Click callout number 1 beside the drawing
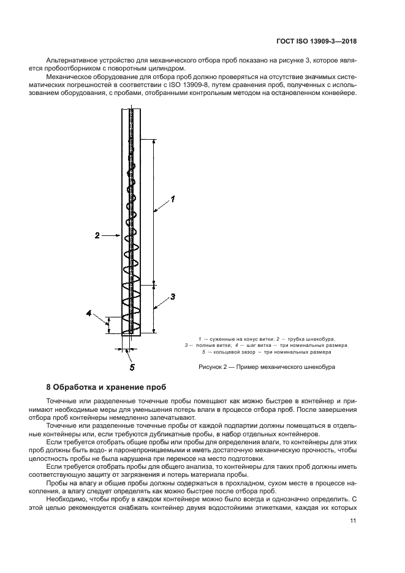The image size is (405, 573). (173, 199)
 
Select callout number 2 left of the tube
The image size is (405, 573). (97, 234)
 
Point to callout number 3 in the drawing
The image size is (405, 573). (173, 297)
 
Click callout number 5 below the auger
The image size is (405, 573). (131, 368)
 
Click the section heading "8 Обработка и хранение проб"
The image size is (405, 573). (105, 389)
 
